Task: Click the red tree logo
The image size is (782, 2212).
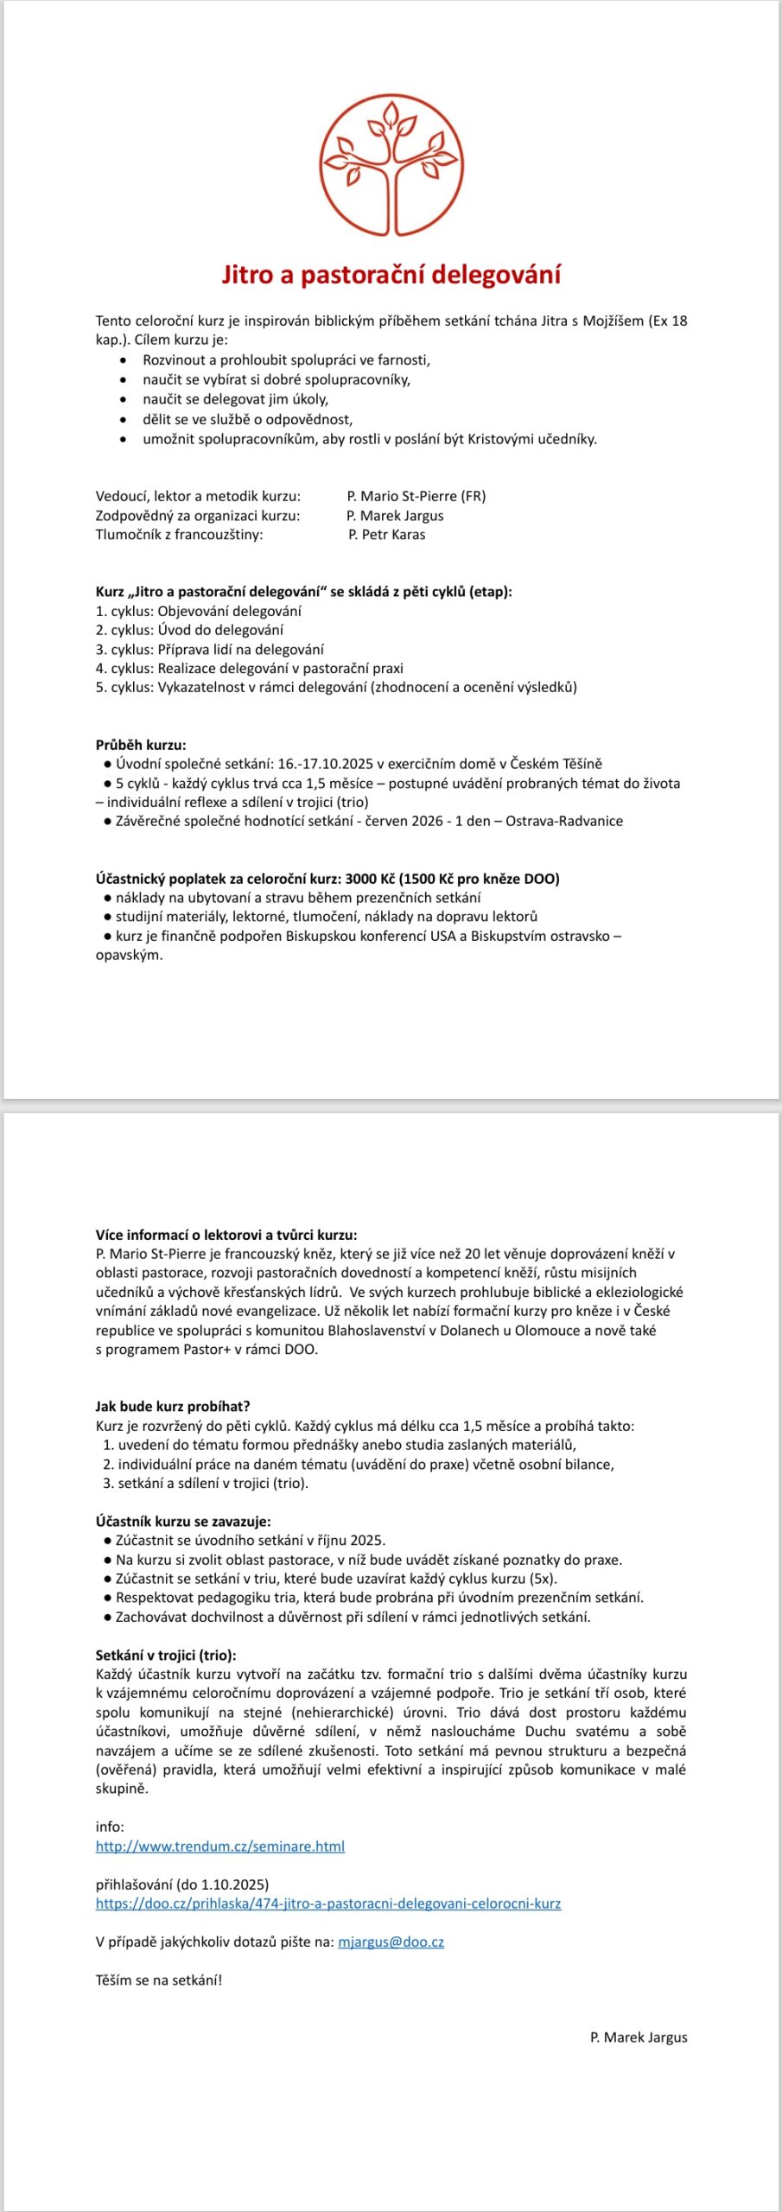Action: click(x=391, y=164)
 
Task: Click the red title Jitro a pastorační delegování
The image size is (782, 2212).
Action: click(x=391, y=275)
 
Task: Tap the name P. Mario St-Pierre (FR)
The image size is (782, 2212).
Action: click(x=416, y=496)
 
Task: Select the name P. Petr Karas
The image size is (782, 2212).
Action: click(x=387, y=535)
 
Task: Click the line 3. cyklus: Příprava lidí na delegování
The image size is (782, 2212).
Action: click(x=210, y=649)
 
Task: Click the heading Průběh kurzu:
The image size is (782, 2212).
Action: click(x=141, y=745)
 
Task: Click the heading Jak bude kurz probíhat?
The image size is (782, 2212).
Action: click(x=173, y=1407)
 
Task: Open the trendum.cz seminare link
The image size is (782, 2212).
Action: click(x=220, y=1847)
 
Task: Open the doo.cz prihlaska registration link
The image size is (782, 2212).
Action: click(x=328, y=1904)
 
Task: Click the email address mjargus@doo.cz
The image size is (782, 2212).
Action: click(x=391, y=1942)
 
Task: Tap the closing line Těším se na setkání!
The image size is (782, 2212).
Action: click(x=159, y=1980)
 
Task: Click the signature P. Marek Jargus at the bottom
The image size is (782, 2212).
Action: click(x=639, y=2037)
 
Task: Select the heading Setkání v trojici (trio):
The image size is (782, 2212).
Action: click(x=166, y=1656)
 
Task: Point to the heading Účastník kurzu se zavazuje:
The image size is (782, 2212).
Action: click(x=183, y=1522)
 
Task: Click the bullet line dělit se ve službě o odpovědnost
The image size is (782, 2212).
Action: click(x=248, y=419)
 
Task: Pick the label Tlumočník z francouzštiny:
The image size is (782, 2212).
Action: click(x=180, y=535)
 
